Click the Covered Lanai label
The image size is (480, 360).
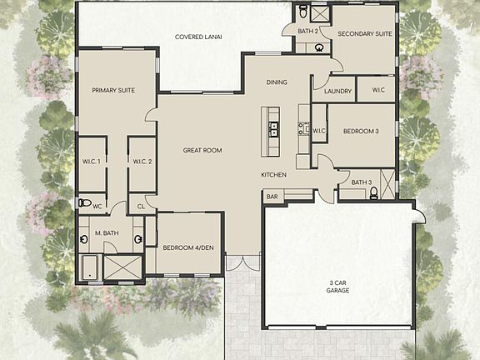(x=203, y=37)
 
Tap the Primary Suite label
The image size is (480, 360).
(x=113, y=90)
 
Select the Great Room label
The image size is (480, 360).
(x=202, y=150)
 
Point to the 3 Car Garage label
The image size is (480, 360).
(x=337, y=287)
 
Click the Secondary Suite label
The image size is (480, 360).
(x=364, y=34)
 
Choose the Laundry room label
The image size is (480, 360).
(x=337, y=91)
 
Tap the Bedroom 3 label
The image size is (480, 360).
(x=361, y=132)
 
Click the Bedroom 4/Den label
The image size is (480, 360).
(x=187, y=247)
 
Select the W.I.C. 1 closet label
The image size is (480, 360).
(x=92, y=162)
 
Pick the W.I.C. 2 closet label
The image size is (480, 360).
(x=140, y=162)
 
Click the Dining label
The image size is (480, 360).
(x=277, y=82)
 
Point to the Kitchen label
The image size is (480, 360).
(x=274, y=174)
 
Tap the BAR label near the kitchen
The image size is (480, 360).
(x=272, y=197)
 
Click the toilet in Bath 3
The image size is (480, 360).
(x=373, y=193)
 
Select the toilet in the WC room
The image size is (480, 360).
(x=83, y=202)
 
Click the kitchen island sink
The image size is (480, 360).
(x=272, y=129)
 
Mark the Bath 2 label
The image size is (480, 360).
(x=307, y=31)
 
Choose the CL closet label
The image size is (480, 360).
(x=142, y=206)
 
